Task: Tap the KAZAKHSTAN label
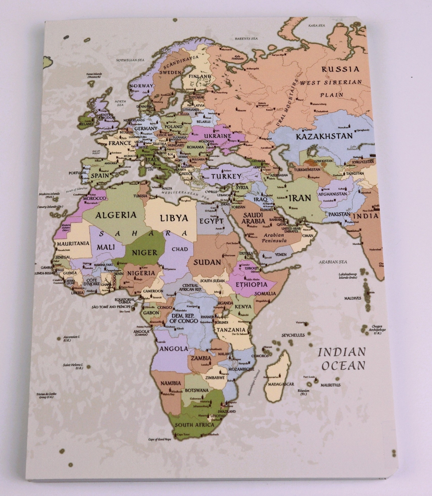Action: (324, 136)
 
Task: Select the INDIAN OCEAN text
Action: (341, 359)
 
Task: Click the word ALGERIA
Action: (116, 215)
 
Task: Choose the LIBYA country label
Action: (174, 218)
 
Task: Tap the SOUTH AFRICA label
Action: (194, 425)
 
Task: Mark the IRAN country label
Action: (300, 198)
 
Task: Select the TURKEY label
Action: (226, 176)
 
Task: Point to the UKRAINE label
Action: (218, 136)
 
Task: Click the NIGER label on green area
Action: (145, 253)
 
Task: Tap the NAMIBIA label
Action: (170, 383)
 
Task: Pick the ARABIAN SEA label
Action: (332, 262)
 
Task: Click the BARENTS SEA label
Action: (246, 39)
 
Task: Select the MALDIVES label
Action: (353, 298)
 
